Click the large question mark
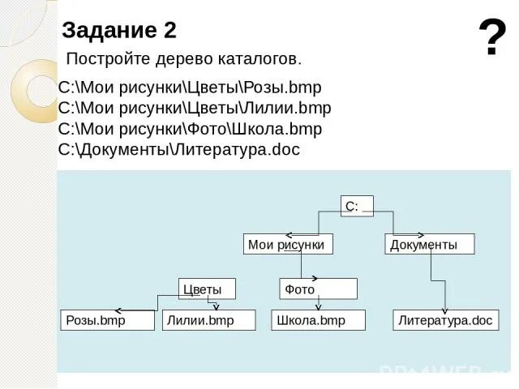[x=491, y=38]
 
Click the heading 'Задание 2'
[x=119, y=31]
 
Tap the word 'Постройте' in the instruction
[x=102, y=59]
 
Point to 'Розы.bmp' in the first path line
[x=281, y=88]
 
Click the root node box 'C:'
[x=357, y=207]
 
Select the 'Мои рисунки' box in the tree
[x=288, y=244]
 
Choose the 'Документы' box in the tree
[x=428, y=244]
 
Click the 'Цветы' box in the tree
[x=207, y=289]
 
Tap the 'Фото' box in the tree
[x=318, y=289]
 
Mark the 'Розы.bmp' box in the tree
[x=107, y=320]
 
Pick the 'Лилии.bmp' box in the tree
[x=208, y=320]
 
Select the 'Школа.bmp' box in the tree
[x=318, y=320]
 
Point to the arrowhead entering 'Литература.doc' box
[x=444, y=308]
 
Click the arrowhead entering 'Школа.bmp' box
[x=318, y=307]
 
